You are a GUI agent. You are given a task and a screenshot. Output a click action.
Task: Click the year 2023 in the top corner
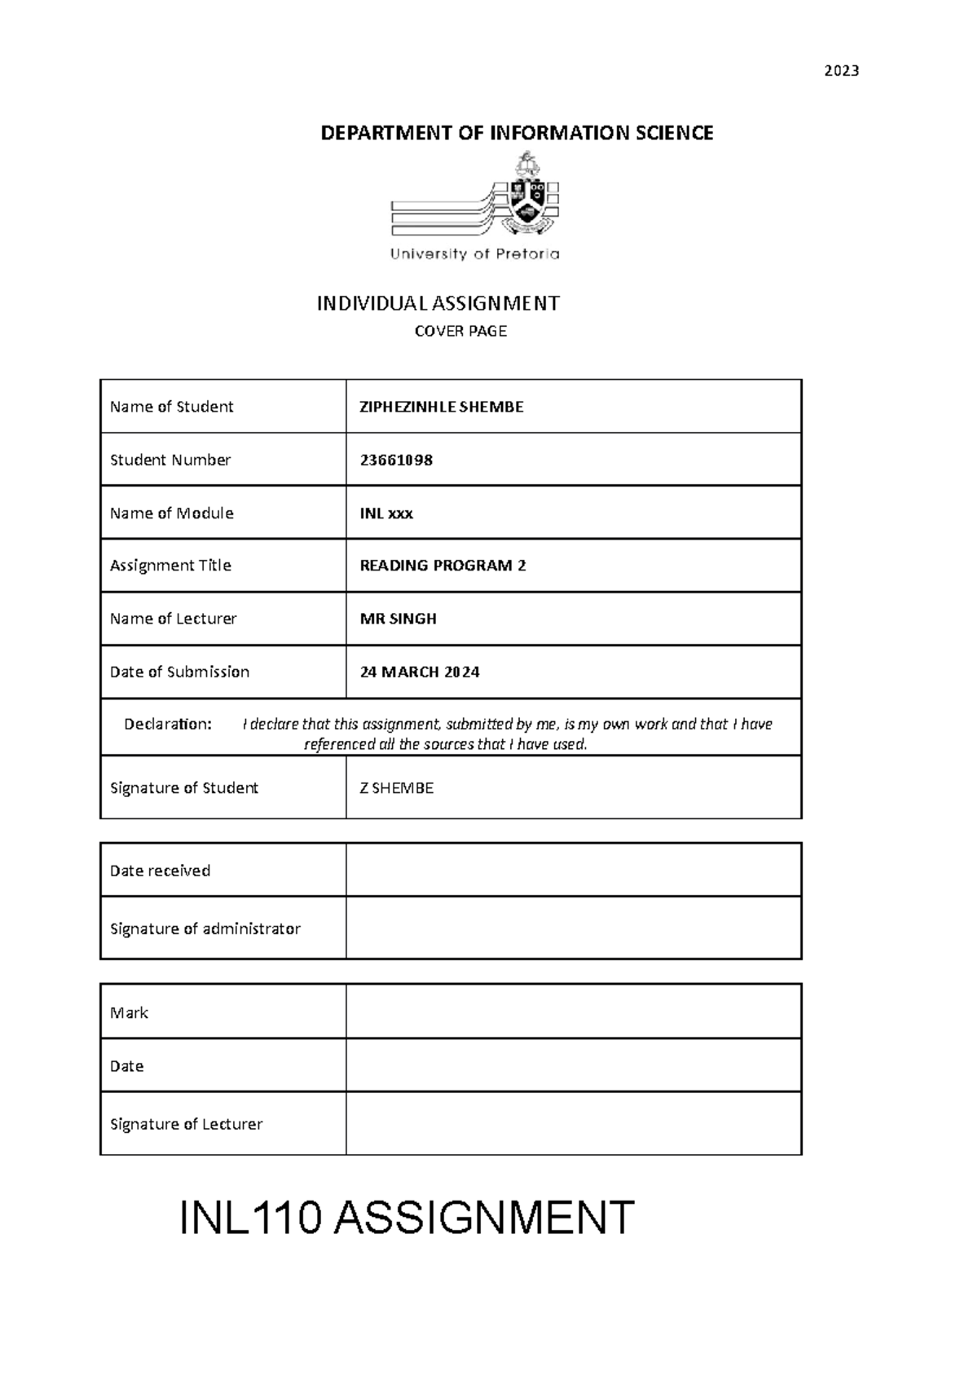(x=841, y=71)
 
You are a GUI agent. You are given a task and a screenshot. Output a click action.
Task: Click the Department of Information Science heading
(x=517, y=133)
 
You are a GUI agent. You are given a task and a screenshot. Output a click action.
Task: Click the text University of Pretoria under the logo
(x=474, y=254)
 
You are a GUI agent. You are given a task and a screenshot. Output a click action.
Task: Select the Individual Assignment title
(x=438, y=304)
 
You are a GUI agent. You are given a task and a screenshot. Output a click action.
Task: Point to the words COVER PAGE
(x=460, y=331)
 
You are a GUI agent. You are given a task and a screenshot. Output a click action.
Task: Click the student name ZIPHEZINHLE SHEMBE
(x=442, y=407)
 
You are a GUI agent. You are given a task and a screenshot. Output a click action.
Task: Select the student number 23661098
(x=396, y=460)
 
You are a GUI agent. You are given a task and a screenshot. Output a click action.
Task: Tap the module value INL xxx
(x=386, y=513)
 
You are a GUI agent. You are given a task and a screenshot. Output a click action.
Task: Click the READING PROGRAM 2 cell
(x=443, y=566)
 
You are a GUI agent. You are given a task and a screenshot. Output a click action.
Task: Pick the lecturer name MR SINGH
(x=398, y=619)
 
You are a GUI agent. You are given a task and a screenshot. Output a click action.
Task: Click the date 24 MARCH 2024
(x=420, y=672)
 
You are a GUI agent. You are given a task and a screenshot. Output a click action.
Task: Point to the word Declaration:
(x=168, y=724)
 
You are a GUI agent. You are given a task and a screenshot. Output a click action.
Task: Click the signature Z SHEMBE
(x=396, y=788)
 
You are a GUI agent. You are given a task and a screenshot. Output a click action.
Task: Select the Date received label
(x=160, y=871)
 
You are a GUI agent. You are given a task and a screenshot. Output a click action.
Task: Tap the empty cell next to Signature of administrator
(x=573, y=928)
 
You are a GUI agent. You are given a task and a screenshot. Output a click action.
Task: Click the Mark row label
(x=129, y=1012)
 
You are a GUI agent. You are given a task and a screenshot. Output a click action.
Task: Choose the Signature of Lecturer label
(x=186, y=1124)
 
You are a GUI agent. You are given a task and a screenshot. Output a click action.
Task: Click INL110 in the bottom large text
(x=249, y=1219)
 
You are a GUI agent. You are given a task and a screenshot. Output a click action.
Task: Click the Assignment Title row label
(x=170, y=566)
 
